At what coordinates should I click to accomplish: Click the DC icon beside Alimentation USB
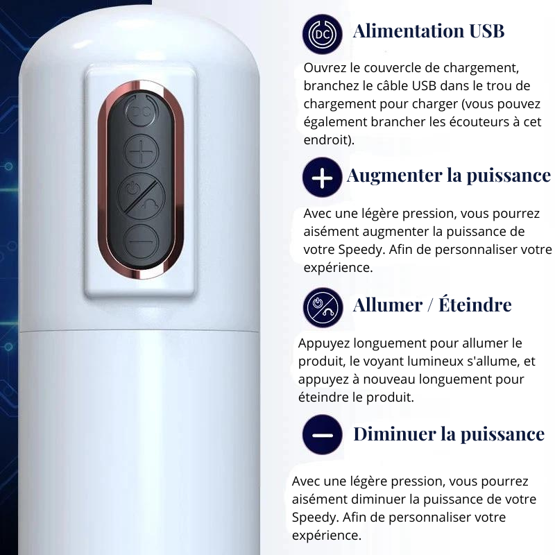point(323,34)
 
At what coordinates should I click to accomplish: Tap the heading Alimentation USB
point(428,31)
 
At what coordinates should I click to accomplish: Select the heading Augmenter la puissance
point(448,175)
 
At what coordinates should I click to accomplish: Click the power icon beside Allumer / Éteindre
point(323,307)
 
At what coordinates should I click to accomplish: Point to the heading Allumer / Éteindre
point(432,305)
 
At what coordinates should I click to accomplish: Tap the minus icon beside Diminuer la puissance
point(323,435)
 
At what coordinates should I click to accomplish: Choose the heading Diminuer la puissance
point(449,434)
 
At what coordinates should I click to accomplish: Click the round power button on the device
point(141,194)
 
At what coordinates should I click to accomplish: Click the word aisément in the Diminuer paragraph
point(316,499)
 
